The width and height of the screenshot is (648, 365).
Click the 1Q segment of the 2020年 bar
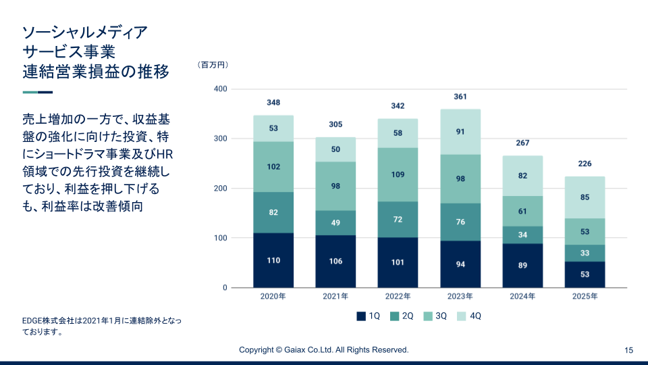pyautogui.click(x=273, y=260)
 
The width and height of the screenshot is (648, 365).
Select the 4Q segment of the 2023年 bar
pyautogui.click(x=460, y=132)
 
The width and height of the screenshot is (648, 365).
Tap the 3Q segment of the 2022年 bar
pyautogui.click(x=398, y=174)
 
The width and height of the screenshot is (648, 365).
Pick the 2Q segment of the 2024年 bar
pyautogui.click(x=522, y=235)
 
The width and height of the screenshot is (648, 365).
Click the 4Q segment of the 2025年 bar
pyautogui.click(x=585, y=197)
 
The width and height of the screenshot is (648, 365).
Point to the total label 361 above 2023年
pyautogui.click(x=460, y=97)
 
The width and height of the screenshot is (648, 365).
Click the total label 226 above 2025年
pyautogui.click(x=585, y=164)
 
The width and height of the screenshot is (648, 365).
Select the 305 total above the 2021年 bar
pyautogui.click(x=335, y=124)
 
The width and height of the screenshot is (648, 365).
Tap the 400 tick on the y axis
pyautogui.click(x=220, y=89)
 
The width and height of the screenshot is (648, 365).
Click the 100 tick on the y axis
pyautogui.click(x=220, y=238)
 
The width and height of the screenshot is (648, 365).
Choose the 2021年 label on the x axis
pyautogui.click(x=335, y=297)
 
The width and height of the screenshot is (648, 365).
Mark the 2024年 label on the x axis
pyautogui.click(x=522, y=297)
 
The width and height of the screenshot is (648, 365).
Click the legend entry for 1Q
pyautogui.click(x=369, y=316)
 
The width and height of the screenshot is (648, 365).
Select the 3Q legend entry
pyautogui.click(x=435, y=316)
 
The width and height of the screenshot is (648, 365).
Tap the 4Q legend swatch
pyautogui.click(x=462, y=316)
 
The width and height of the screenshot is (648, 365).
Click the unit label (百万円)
pyautogui.click(x=213, y=65)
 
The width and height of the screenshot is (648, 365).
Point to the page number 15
pyautogui.click(x=628, y=350)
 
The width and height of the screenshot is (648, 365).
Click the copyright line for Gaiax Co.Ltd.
pyautogui.click(x=324, y=350)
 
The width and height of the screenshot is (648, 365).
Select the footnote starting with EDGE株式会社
pyautogui.click(x=101, y=326)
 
